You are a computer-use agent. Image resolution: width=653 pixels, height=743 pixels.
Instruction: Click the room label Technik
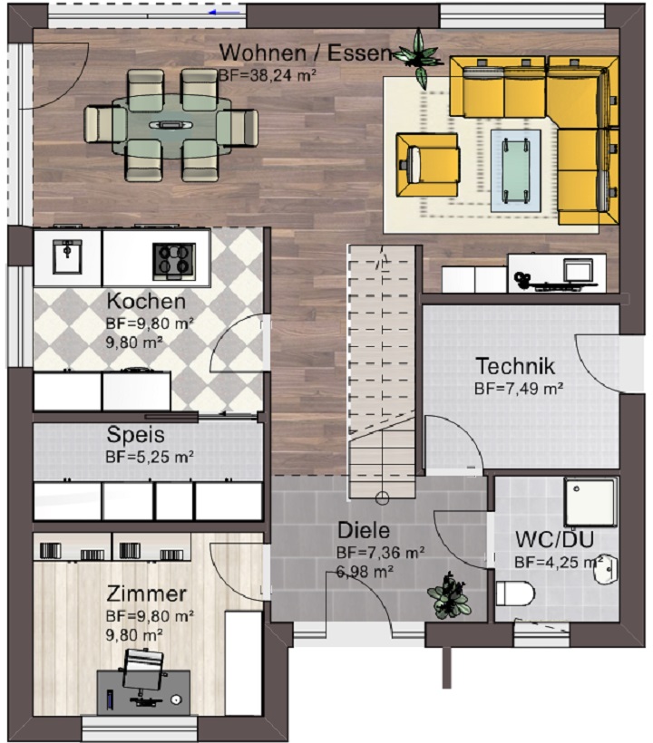pyautogui.click(x=515, y=366)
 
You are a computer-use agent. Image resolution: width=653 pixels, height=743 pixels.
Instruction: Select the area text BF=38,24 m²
pyautogui.click(x=268, y=75)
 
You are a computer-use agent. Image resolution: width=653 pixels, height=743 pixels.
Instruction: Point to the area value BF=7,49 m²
pyautogui.click(x=519, y=389)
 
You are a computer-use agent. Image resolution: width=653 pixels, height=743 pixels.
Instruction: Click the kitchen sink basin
pyautogui.click(x=67, y=256)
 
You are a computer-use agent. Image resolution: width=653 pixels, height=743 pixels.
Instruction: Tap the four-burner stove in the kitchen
pyautogui.click(x=174, y=261)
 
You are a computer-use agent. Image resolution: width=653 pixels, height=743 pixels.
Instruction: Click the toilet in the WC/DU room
pyautogui.click(x=515, y=593)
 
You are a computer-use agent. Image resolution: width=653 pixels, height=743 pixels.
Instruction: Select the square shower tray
pyautogui.click(x=591, y=502)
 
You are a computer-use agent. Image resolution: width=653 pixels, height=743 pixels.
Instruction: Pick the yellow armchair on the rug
pyautogui.click(x=427, y=165)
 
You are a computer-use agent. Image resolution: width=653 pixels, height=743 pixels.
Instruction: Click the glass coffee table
pyautogui.click(x=516, y=170)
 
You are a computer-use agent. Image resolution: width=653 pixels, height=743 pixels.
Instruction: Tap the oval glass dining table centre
pyautogui.click(x=171, y=126)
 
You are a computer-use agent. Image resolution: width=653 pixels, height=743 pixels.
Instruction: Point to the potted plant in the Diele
pyautogui.click(x=448, y=596)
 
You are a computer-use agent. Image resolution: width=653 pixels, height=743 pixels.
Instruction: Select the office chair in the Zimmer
pyautogui.click(x=142, y=669)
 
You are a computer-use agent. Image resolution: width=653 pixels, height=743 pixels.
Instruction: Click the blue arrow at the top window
pyautogui.click(x=224, y=13)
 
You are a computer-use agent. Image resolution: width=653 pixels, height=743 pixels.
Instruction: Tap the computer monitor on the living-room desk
pyautogui.click(x=578, y=271)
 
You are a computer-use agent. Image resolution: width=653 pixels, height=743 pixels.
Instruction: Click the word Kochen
pyautogui.click(x=146, y=301)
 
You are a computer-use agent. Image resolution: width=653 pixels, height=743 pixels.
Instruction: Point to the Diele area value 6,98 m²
pyautogui.click(x=365, y=572)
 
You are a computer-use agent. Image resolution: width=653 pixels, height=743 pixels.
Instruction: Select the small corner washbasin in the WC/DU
pyautogui.click(x=607, y=569)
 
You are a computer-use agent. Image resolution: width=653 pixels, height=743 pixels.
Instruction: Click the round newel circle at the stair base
pyautogui.click(x=382, y=498)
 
